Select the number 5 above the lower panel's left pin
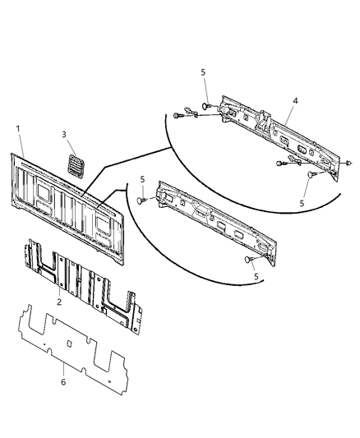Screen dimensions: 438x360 tap(141, 180)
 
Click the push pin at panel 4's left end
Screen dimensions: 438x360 tap(209, 106)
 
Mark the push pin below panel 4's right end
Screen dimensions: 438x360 tap(312, 176)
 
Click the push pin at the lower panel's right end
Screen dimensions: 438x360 tap(248, 259)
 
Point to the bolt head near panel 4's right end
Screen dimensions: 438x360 tap(284, 164)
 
